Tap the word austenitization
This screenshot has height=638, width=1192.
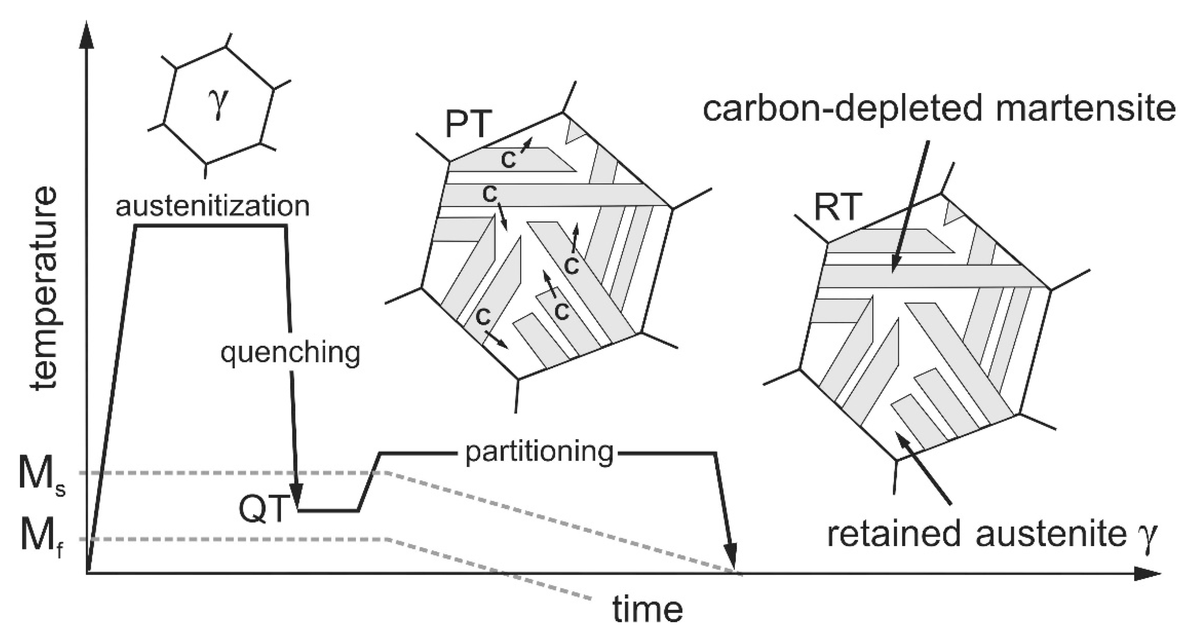[x=212, y=206]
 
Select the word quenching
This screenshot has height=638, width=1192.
[x=290, y=353]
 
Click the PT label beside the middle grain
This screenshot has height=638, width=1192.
[x=466, y=124]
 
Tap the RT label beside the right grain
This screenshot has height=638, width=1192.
[x=838, y=207]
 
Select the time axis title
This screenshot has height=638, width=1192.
[x=648, y=609]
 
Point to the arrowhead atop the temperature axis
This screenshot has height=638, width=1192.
[x=87, y=35]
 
